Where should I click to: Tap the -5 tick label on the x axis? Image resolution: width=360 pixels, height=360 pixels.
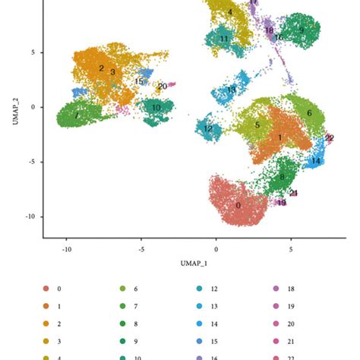tap(141, 248)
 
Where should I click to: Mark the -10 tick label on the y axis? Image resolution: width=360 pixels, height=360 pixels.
tap(29, 216)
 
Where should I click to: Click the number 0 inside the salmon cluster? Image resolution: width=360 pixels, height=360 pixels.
tap(238, 205)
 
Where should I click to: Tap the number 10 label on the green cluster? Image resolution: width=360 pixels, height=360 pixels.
tap(156, 108)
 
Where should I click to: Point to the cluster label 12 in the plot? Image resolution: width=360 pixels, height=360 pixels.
tap(208, 129)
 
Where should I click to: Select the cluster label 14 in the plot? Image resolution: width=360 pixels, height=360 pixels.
tap(315, 161)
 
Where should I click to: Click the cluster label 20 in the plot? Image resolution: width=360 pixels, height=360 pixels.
tap(162, 86)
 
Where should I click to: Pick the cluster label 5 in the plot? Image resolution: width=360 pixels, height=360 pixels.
tap(257, 125)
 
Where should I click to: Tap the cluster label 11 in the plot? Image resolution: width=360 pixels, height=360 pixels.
tap(223, 38)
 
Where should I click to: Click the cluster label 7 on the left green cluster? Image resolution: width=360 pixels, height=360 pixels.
tap(77, 116)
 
